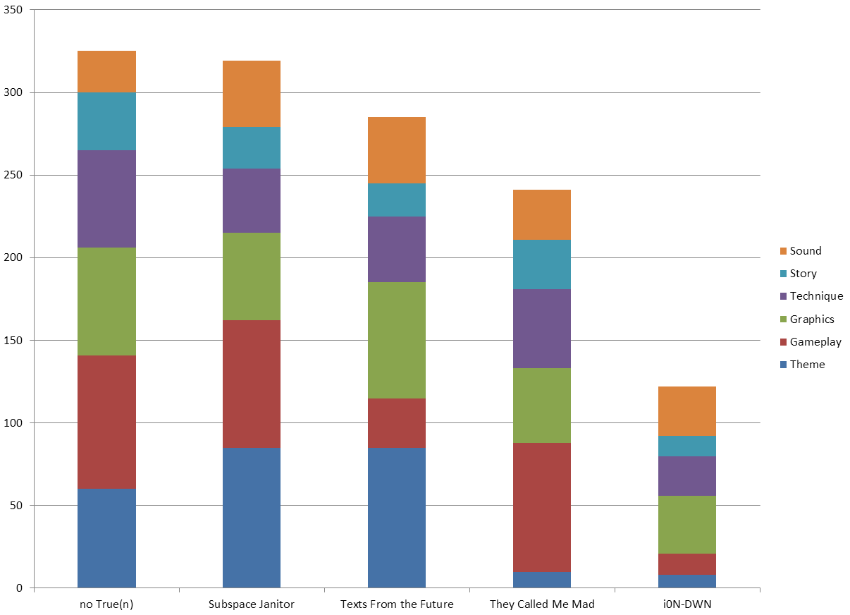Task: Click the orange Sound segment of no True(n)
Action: click(106, 72)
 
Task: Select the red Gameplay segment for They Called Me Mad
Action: click(541, 507)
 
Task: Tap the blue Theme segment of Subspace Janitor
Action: click(252, 518)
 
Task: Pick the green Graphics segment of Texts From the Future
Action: click(397, 340)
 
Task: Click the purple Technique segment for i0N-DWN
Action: click(686, 476)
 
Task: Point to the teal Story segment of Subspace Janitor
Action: click(252, 147)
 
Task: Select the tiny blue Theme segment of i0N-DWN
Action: click(686, 581)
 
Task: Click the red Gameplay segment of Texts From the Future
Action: click(397, 423)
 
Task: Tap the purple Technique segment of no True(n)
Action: click(106, 199)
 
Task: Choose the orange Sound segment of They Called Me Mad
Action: click(541, 214)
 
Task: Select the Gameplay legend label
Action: click(815, 342)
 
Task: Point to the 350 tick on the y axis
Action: click(14, 11)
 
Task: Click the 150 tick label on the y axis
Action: click(14, 341)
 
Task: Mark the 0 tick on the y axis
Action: click(20, 588)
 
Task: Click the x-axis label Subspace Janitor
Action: click(252, 604)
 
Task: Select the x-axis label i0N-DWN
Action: click(686, 604)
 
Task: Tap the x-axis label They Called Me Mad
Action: click(541, 604)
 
